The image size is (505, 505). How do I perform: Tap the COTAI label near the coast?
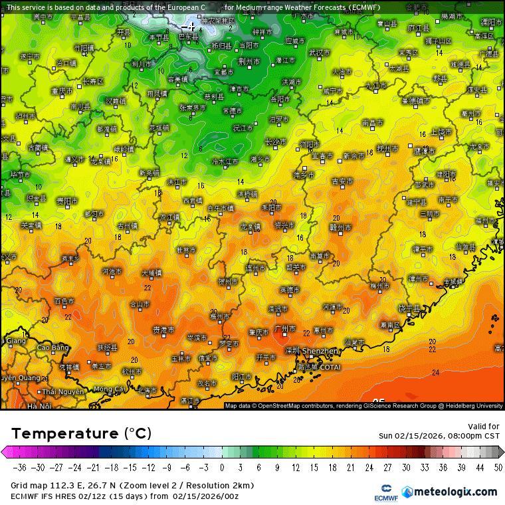coord(330,367)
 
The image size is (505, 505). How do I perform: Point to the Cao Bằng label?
coord(52,348)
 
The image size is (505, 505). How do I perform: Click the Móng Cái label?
coord(108,389)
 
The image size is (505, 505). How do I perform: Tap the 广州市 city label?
coord(284,329)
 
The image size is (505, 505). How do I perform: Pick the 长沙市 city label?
coord(276,142)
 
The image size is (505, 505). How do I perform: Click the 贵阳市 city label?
coord(67,200)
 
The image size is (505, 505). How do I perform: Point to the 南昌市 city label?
coord(373,123)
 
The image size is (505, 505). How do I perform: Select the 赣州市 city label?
coord(340,227)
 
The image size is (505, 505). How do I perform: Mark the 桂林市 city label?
coord(186,250)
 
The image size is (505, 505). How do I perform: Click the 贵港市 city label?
coord(163,330)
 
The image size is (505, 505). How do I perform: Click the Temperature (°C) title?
coord(82,434)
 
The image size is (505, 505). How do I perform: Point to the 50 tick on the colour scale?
coord(498,467)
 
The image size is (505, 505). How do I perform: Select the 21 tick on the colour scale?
coord(350,467)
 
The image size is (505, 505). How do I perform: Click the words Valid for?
coord(484,427)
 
